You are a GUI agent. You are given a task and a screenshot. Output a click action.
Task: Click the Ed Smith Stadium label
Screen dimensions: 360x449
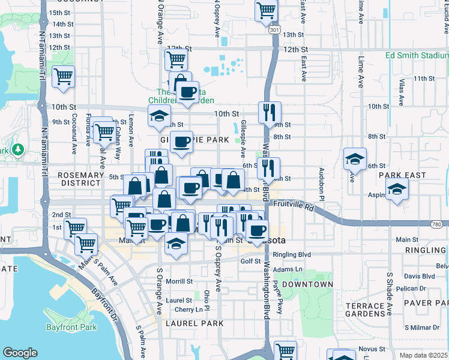coord(417,55)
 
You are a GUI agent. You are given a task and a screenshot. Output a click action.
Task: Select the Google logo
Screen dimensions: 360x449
coord(20,352)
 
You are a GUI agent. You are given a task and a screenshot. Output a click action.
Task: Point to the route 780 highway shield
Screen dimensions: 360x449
coord(440,223)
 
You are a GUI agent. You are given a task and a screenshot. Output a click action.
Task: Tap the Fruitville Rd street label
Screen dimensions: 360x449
coord(293,205)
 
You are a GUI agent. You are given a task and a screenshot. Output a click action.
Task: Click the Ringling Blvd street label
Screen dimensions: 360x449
coord(292,254)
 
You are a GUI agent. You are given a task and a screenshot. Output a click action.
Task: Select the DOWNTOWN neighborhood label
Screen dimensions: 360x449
coord(307,284)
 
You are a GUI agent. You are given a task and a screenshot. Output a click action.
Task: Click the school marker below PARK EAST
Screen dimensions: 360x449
coord(397,191)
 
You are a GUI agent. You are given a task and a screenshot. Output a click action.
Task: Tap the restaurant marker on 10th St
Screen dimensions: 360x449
coord(270,112)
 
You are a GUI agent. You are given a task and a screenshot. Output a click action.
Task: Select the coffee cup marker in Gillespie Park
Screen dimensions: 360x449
coord(181,143)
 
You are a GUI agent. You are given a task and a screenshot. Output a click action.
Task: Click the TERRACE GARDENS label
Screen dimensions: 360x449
coord(365,310)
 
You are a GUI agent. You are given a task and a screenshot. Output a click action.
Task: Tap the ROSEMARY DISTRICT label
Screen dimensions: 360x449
coord(81,179)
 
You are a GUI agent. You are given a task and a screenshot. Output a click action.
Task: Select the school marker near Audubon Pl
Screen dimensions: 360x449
coord(355,158)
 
